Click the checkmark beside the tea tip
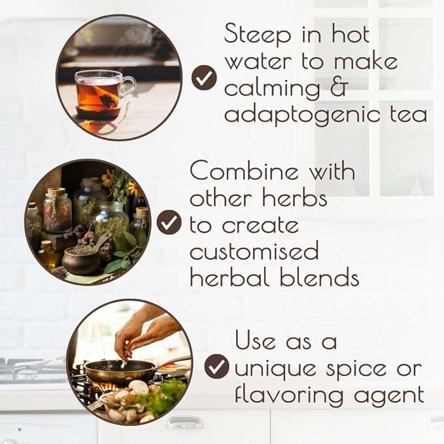pyautogui.click(x=204, y=78)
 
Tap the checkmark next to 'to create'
pyautogui.click(x=169, y=222)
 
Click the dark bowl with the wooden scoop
pyautogui.click(x=81, y=260)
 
